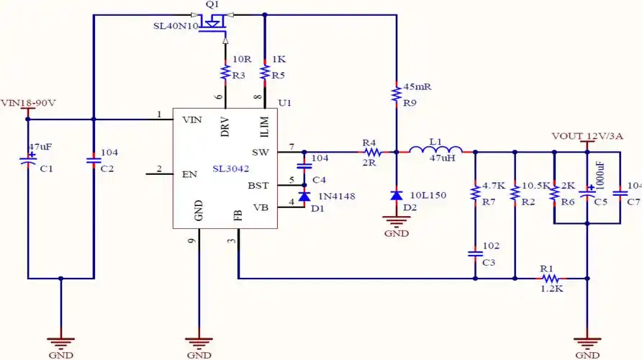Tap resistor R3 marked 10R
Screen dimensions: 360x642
[225, 72]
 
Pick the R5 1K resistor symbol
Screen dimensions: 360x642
[265, 72]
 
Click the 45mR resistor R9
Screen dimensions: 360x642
[396, 94]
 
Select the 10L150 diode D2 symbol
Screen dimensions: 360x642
[396, 195]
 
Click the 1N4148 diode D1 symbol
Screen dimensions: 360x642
[304, 196]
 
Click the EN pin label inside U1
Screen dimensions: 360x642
[190, 174]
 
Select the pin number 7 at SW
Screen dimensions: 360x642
[291, 147]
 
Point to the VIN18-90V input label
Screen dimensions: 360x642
[28, 102]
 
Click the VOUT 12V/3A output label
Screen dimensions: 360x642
[587, 135]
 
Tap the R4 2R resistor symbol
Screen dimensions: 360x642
[371, 152]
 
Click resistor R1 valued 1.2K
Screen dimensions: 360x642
[550, 278]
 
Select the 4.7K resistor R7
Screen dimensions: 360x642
[475, 193]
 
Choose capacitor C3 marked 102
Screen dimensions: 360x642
[475, 253]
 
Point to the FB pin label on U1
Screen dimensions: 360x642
[238, 215]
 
